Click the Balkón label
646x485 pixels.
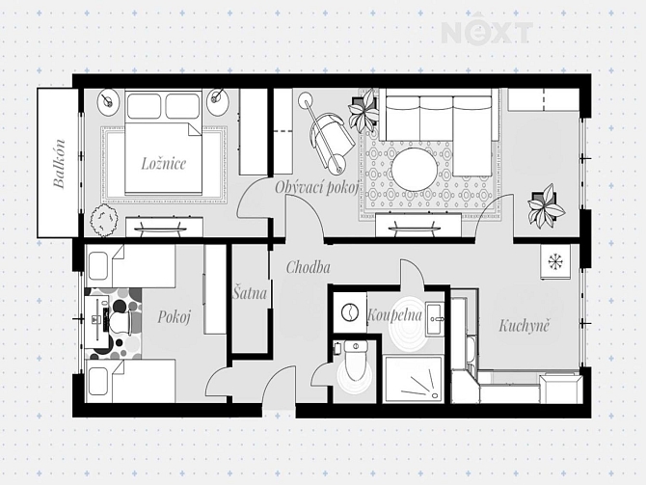pos(60,164)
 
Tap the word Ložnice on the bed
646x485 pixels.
pos(164,164)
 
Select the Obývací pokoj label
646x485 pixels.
pos(316,187)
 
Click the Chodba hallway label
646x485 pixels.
pos(309,267)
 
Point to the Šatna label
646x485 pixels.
pos(250,293)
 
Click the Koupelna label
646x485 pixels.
pos(394,315)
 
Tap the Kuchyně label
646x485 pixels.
pos(525,326)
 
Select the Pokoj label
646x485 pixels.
pos(174,317)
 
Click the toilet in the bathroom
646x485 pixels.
pos(356,362)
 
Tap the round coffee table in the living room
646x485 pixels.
pos(414,170)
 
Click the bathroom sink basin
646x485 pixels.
pos(435,319)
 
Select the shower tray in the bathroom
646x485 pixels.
pos(413,380)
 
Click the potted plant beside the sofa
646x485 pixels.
pos(363,109)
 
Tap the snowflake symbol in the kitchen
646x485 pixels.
pos(555,261)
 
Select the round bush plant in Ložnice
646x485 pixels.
pos(103,221)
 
